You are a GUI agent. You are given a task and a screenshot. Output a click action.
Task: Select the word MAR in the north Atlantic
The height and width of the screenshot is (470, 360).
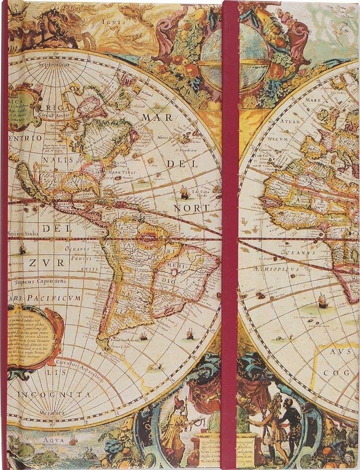[x=157, y=117]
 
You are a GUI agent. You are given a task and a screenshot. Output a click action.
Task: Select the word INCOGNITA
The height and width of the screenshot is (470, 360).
[x=55, y=395]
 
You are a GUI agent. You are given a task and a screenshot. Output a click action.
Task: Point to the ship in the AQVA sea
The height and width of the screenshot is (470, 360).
[x=73, y=440]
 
